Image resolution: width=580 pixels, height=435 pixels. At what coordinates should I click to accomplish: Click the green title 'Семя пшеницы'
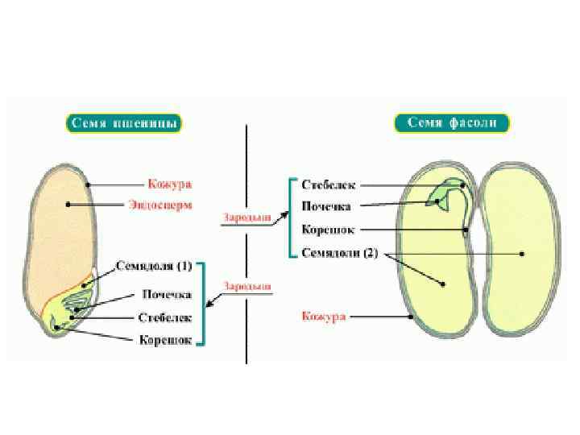pyautogui.click(x=122, y=123)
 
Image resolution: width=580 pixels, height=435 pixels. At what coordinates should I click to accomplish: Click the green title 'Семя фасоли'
pyautogui.click(x=453, y=123)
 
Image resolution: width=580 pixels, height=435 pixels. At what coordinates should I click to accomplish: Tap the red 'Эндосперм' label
pyautogui.click(x=161, y=205)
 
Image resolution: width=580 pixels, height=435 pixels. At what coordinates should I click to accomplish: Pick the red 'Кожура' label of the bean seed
pyautogui.click(x=324, y=317)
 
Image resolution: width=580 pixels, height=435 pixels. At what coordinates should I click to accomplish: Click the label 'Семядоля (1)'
pyautogui.click(x=155, y=265)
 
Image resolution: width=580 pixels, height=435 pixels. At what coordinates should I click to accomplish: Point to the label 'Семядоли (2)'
pyautogui.click(x=339, y=252)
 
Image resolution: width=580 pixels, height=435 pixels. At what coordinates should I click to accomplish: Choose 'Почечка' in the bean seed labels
pyautogui.click(x=327, y=206)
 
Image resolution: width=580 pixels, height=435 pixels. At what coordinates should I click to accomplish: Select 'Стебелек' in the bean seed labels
pyautogui.click(x=328, y=185)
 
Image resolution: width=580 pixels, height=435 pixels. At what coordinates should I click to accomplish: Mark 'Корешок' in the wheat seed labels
pyautogui.click(x=165, y=340)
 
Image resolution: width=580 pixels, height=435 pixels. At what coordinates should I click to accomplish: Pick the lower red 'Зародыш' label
pyautogui.click(x=247, y=286)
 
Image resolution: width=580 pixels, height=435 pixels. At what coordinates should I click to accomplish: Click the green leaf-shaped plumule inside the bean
pyautogui.click(x=441, y=194)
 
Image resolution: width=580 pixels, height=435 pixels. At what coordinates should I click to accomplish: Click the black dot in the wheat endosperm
pyautogui.click(x=68, y=205)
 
